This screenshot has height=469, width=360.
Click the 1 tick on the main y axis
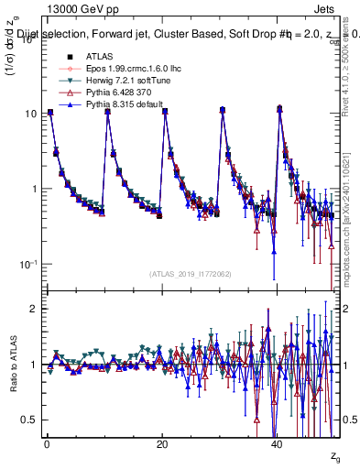click(32, 189)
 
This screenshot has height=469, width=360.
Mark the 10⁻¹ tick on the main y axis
click(27, 264)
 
